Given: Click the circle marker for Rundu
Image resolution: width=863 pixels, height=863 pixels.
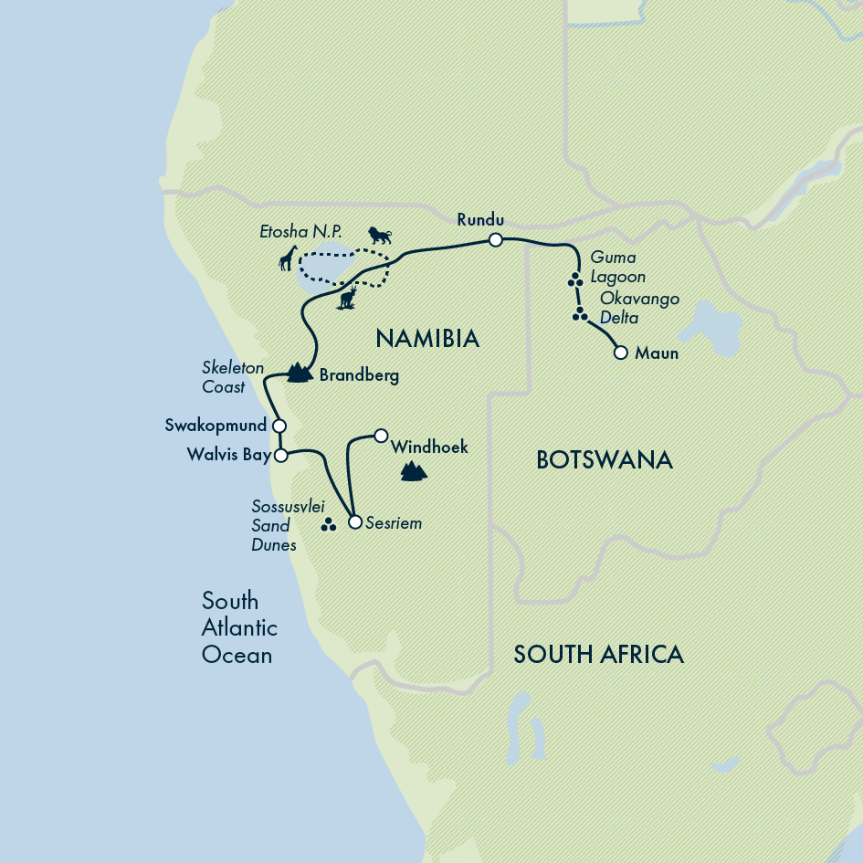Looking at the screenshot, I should (495, 239).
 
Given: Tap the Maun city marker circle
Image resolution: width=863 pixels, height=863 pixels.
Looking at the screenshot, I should (621, 353).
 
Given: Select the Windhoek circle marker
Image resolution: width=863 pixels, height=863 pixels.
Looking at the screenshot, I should (382, 435).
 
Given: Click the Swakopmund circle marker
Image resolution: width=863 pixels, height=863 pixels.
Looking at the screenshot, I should (279, 426).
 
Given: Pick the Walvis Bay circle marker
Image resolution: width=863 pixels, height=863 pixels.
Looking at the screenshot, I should (281, 454).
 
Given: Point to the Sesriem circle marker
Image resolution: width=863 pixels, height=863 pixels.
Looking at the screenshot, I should (355, 522).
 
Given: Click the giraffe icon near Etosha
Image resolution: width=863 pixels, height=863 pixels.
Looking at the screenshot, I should (289, 259).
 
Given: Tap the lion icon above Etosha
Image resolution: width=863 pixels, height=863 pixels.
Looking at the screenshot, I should (379, 236).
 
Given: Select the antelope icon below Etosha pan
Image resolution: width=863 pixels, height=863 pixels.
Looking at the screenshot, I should (347, 297).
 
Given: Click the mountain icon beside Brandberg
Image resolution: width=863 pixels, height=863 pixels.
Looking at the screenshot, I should (296, 373).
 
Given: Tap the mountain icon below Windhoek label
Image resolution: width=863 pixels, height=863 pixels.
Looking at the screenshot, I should (414, 471).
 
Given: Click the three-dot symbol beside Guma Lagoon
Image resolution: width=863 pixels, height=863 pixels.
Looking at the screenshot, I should (575, 280).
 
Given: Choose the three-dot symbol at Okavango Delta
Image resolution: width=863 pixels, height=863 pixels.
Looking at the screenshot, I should (580, 315).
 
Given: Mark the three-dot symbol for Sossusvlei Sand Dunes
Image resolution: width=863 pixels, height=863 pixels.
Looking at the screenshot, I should (329, 525).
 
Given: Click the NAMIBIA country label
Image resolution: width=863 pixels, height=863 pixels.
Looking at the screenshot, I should (427, 339).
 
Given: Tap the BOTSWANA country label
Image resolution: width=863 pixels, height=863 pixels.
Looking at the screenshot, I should (605, 459).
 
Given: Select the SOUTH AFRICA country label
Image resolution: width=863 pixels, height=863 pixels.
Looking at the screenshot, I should (598, 654).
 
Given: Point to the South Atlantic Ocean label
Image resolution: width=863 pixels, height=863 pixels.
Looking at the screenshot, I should (237, 628).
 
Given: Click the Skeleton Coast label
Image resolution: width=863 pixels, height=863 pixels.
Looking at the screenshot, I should (232, 377).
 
